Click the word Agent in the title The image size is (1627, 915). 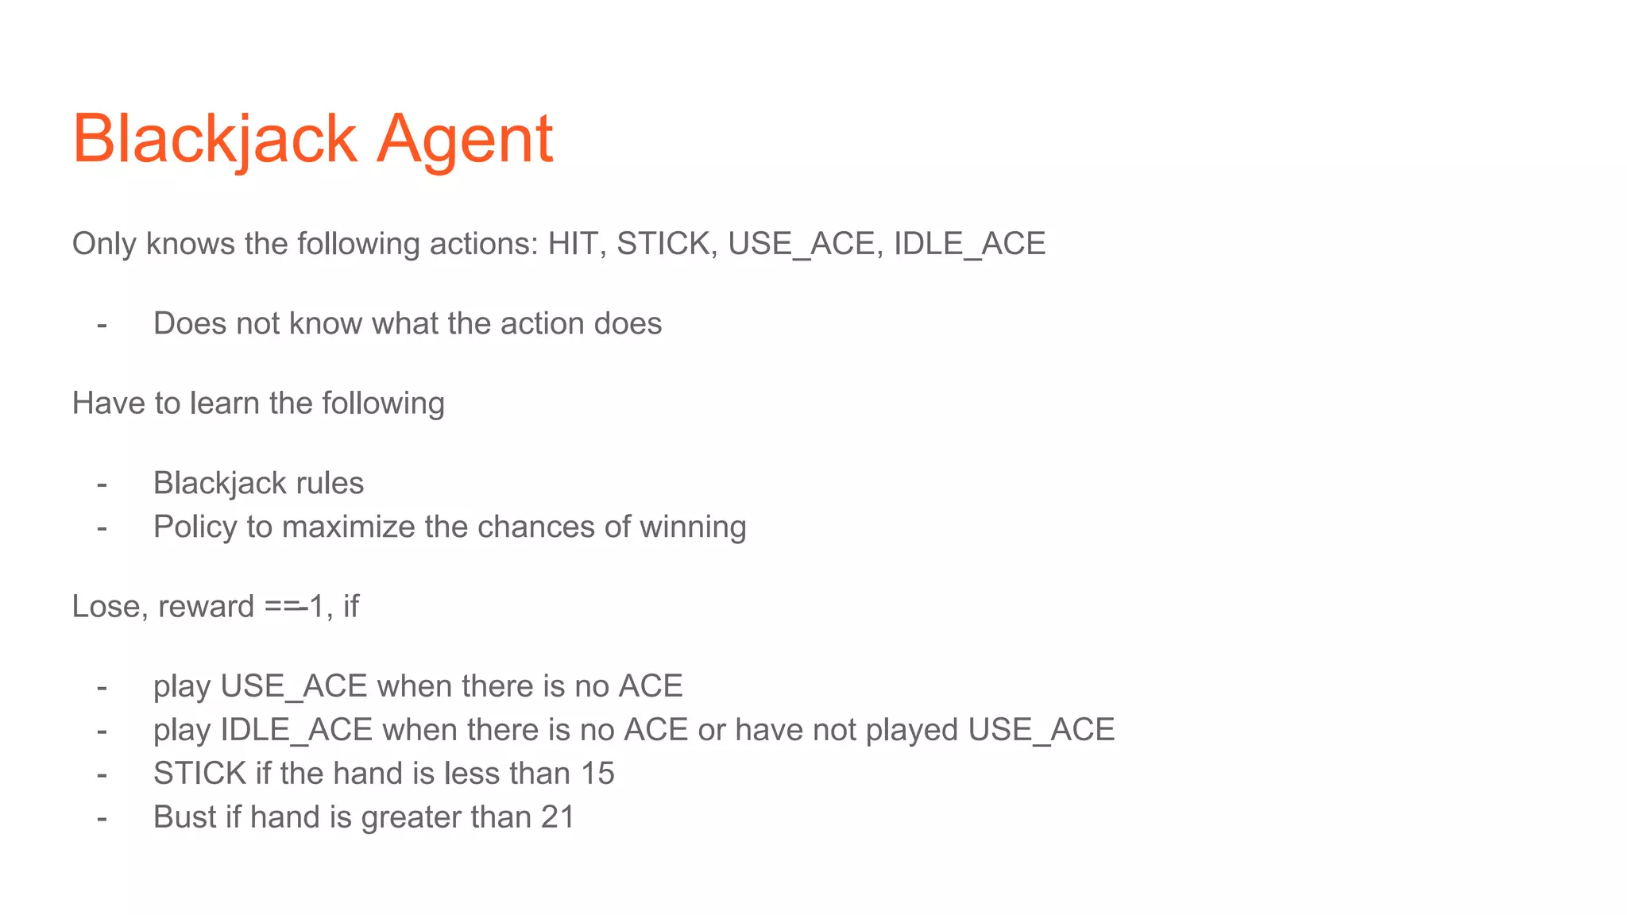[464, 140]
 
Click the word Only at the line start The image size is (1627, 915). [104, 244]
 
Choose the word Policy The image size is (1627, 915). [195, 527]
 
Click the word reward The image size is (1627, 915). [206, 607]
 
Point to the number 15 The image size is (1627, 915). [597, 774]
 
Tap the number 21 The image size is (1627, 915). [558, 817]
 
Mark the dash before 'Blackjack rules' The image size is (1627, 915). [102, 484]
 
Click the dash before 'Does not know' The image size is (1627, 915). [102, 324]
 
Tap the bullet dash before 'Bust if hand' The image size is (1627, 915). [102, 817]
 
